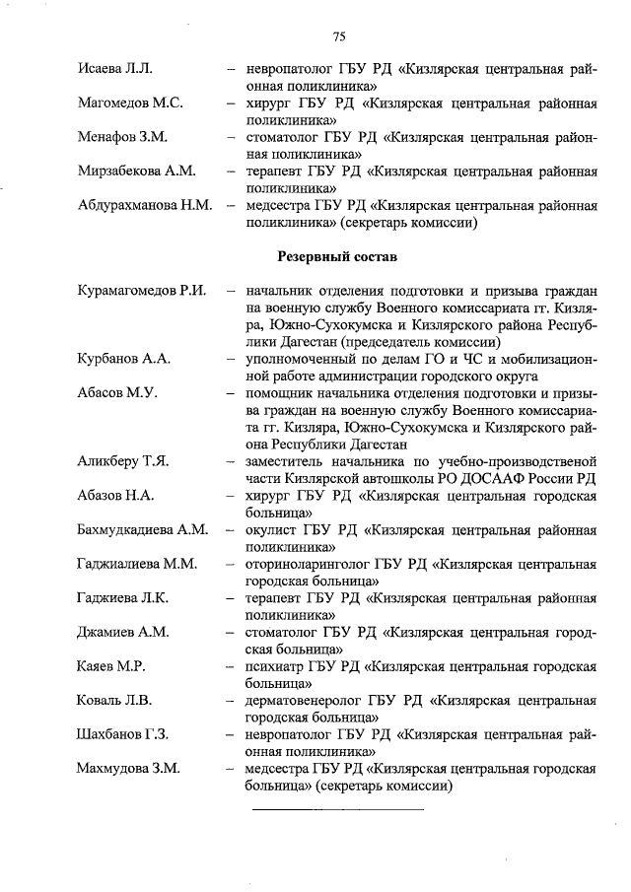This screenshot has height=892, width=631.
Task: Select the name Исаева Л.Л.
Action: (114, 69)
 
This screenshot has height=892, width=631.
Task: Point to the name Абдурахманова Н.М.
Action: (145, 206)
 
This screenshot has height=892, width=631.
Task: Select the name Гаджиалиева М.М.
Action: (137, 565)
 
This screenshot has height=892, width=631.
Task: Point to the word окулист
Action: (273, 530)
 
